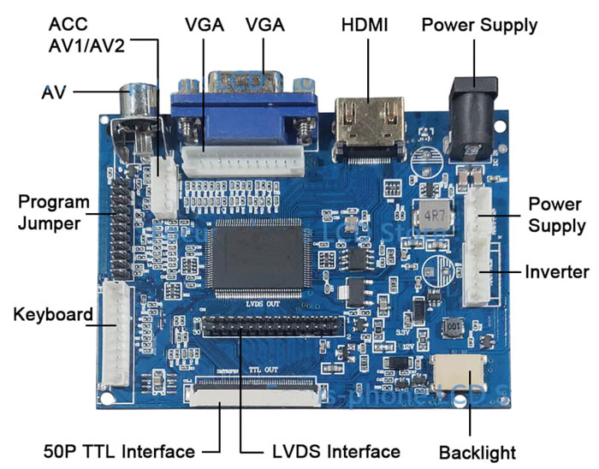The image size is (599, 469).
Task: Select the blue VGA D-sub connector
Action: (x=244, y=111)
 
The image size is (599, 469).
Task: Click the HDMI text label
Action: (x=365, y=26)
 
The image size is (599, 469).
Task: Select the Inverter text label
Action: (x=556, y=272)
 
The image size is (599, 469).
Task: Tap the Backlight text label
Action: (x=477, y=451)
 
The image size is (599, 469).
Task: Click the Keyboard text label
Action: (x=53, y=314)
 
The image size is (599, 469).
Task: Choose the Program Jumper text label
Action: (x=54, y=213)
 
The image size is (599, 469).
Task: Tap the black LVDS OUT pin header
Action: (x=270, y=325)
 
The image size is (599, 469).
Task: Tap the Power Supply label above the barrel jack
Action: (x=479, y=26)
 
